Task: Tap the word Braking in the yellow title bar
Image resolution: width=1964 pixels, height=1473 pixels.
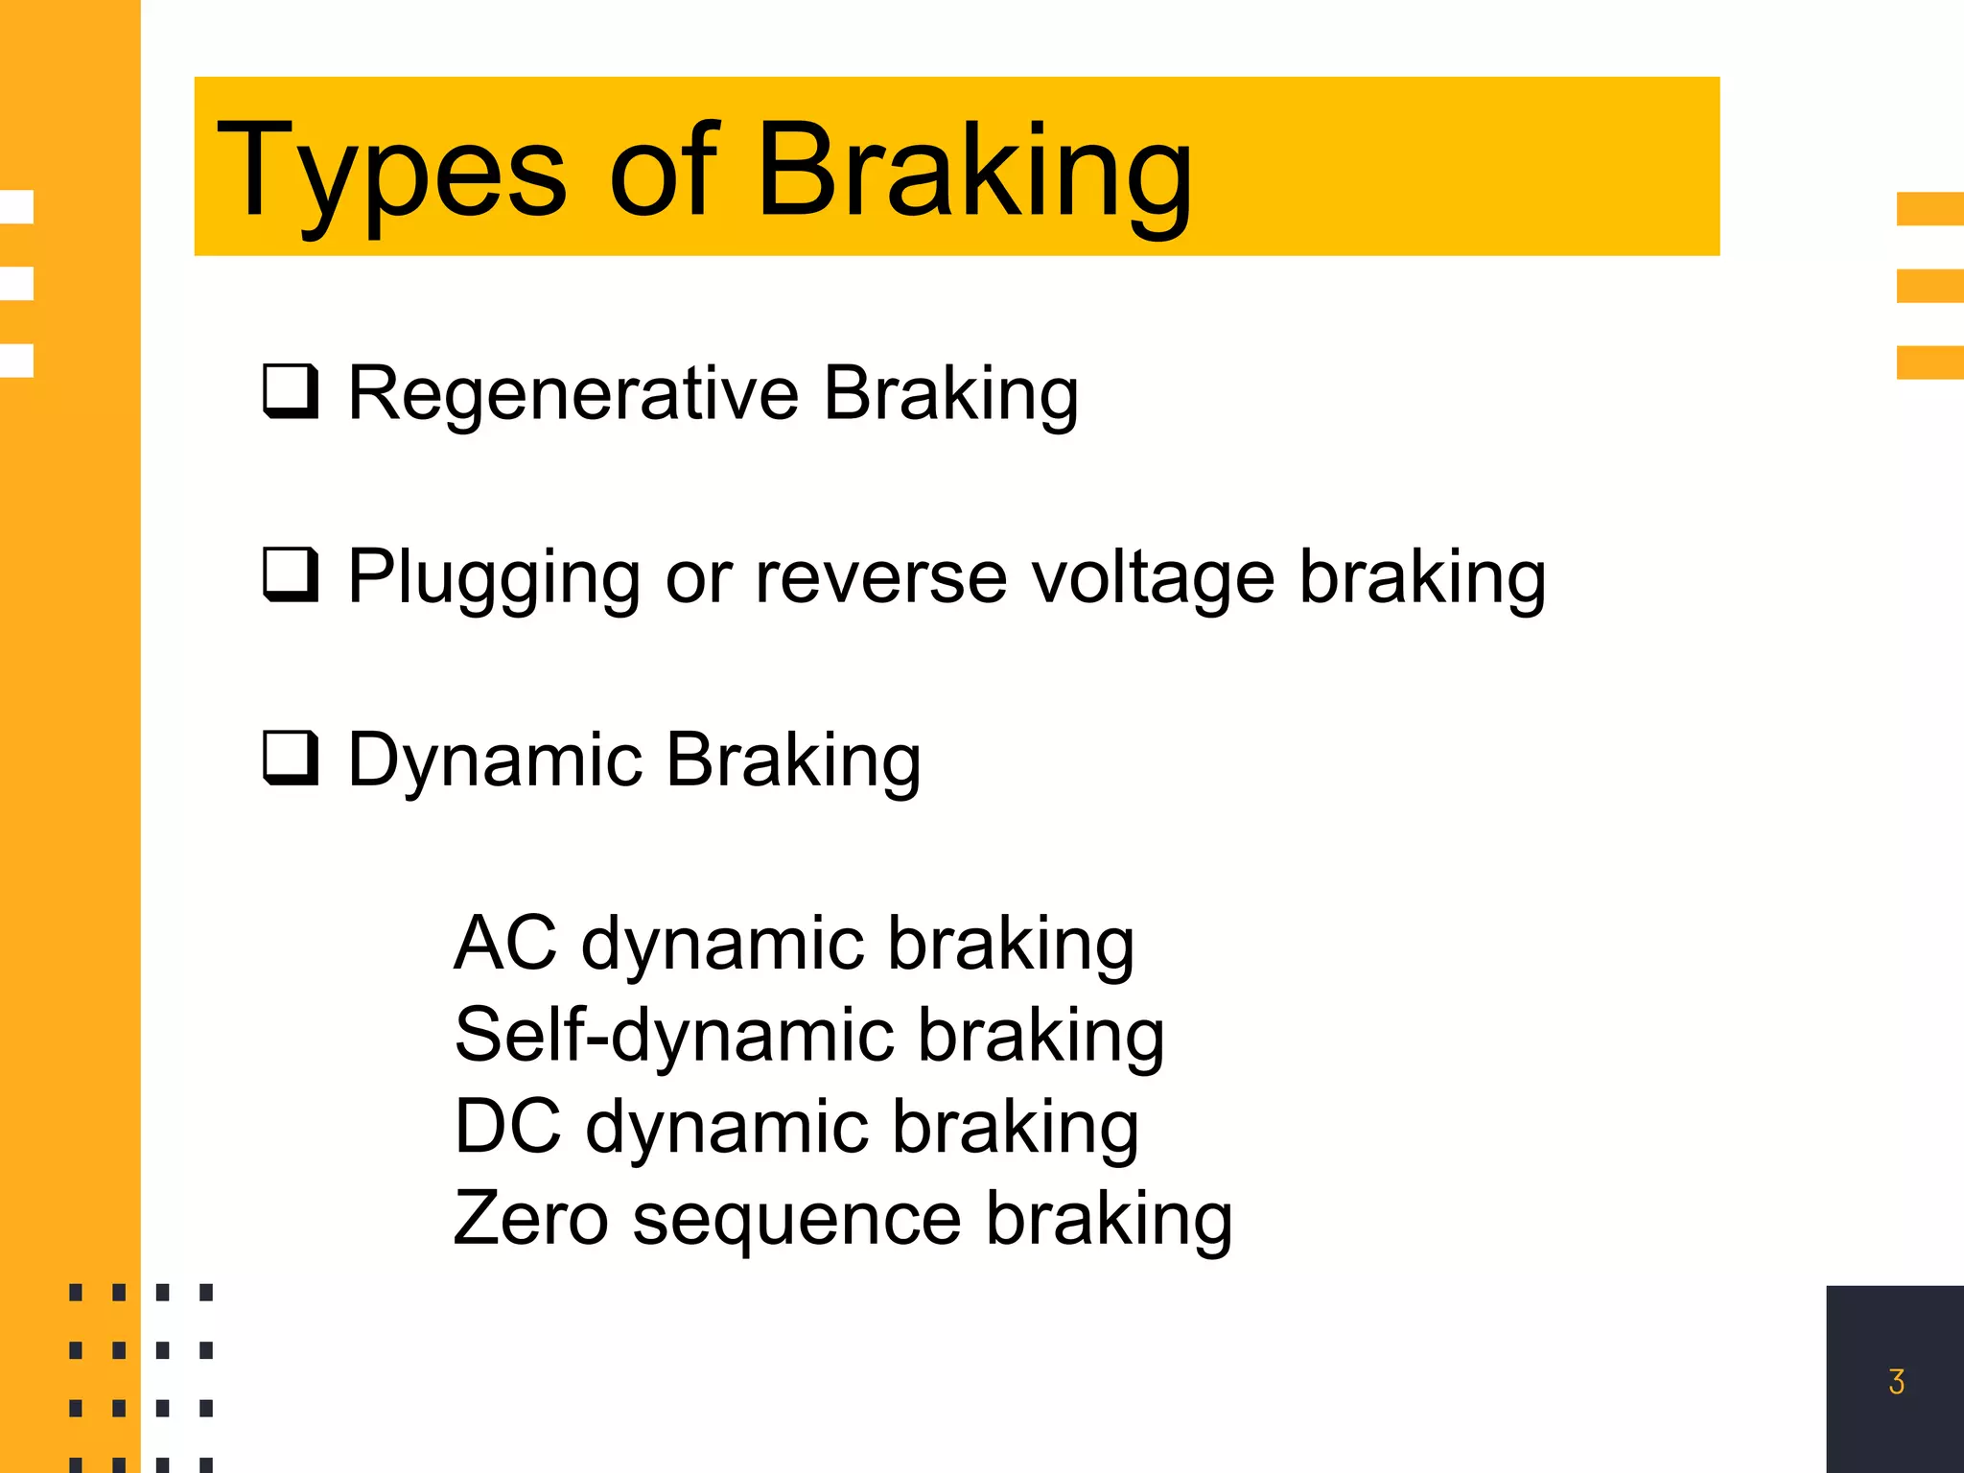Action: (974, 173)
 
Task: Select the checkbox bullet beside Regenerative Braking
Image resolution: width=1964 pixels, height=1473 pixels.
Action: (290, 391)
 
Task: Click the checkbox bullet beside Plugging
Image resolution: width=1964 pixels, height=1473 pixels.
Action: (290, 574)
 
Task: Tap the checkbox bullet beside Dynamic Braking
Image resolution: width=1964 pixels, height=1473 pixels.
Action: (290, 758)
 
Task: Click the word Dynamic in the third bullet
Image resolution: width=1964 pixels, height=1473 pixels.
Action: (494, 760)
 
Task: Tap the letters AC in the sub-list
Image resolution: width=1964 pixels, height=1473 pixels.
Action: (504, 944)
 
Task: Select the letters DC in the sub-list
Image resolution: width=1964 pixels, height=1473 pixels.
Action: (507, 1126)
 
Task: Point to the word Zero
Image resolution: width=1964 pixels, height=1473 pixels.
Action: (530, 1218)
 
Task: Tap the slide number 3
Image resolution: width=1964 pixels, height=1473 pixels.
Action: (1896, 1381)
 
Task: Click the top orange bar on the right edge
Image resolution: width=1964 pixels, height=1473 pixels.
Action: (1929, 209)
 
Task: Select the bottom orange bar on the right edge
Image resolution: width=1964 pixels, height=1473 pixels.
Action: (1929, 362)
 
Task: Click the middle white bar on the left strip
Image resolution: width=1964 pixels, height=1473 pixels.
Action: (17, 284)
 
